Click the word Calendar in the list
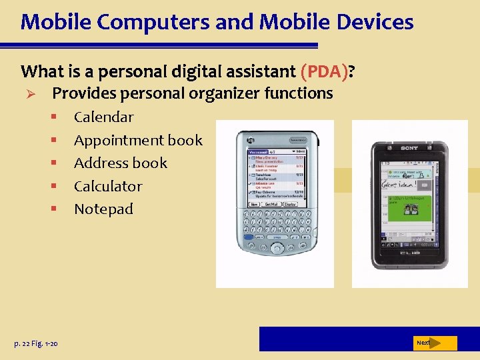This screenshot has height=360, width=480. click(x=103, y=117)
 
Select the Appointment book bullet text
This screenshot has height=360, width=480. click(x=138, y=140)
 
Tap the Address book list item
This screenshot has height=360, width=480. click(x=120, y=163)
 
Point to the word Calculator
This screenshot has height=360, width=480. click(x=108, y=186)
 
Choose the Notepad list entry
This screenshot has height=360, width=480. click(x=103, y=209)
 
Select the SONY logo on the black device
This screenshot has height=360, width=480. click(x=409, y=147)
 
